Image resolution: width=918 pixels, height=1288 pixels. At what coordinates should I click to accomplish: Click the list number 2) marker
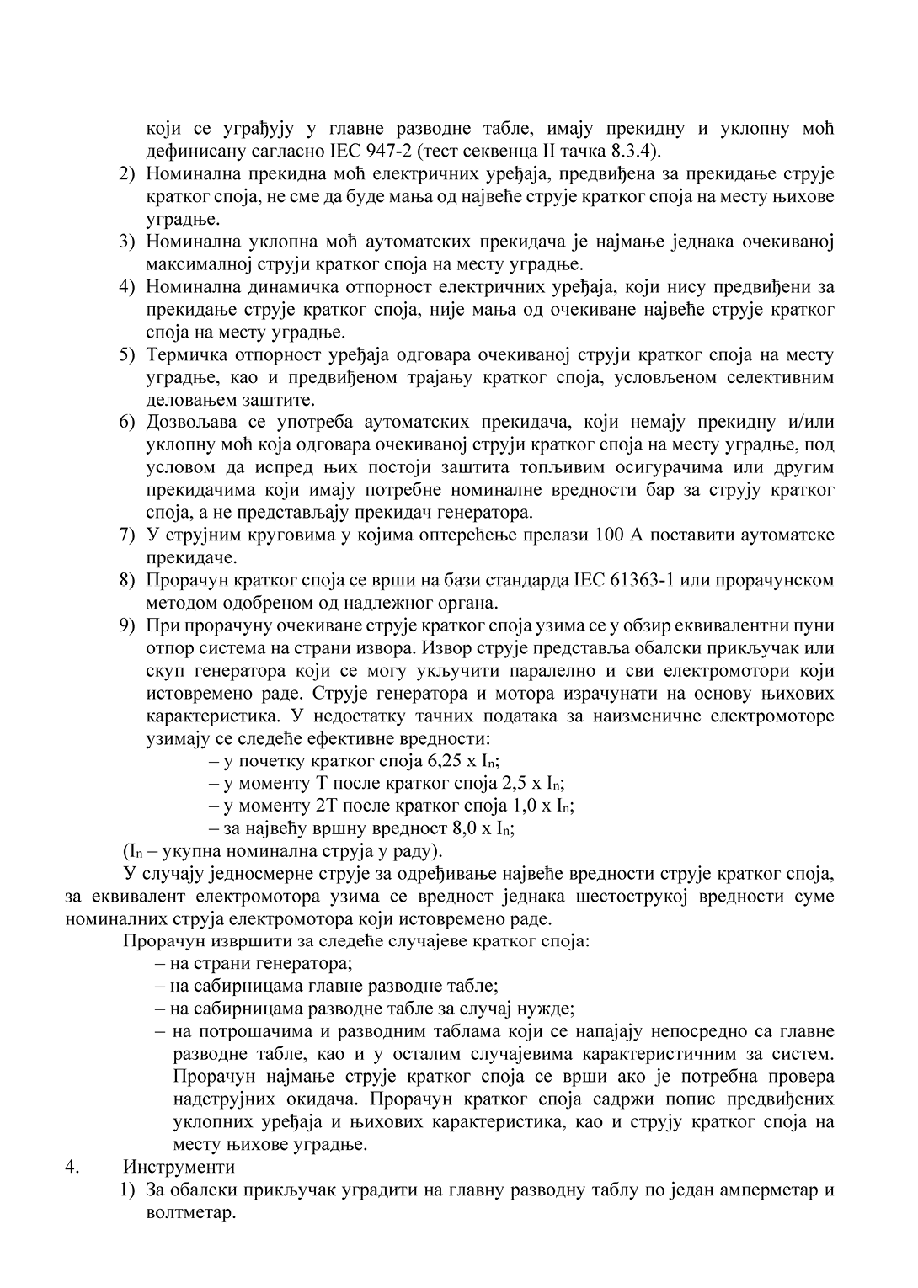tap(127, 174)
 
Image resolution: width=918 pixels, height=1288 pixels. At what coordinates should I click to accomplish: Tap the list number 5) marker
tap(127, 354)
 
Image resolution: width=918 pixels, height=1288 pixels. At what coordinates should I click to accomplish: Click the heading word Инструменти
tap(179, 1167)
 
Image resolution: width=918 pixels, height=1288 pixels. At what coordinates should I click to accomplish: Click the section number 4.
tap(72, 1167)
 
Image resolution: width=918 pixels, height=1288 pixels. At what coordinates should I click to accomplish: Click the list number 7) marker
tap(127, 535)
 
